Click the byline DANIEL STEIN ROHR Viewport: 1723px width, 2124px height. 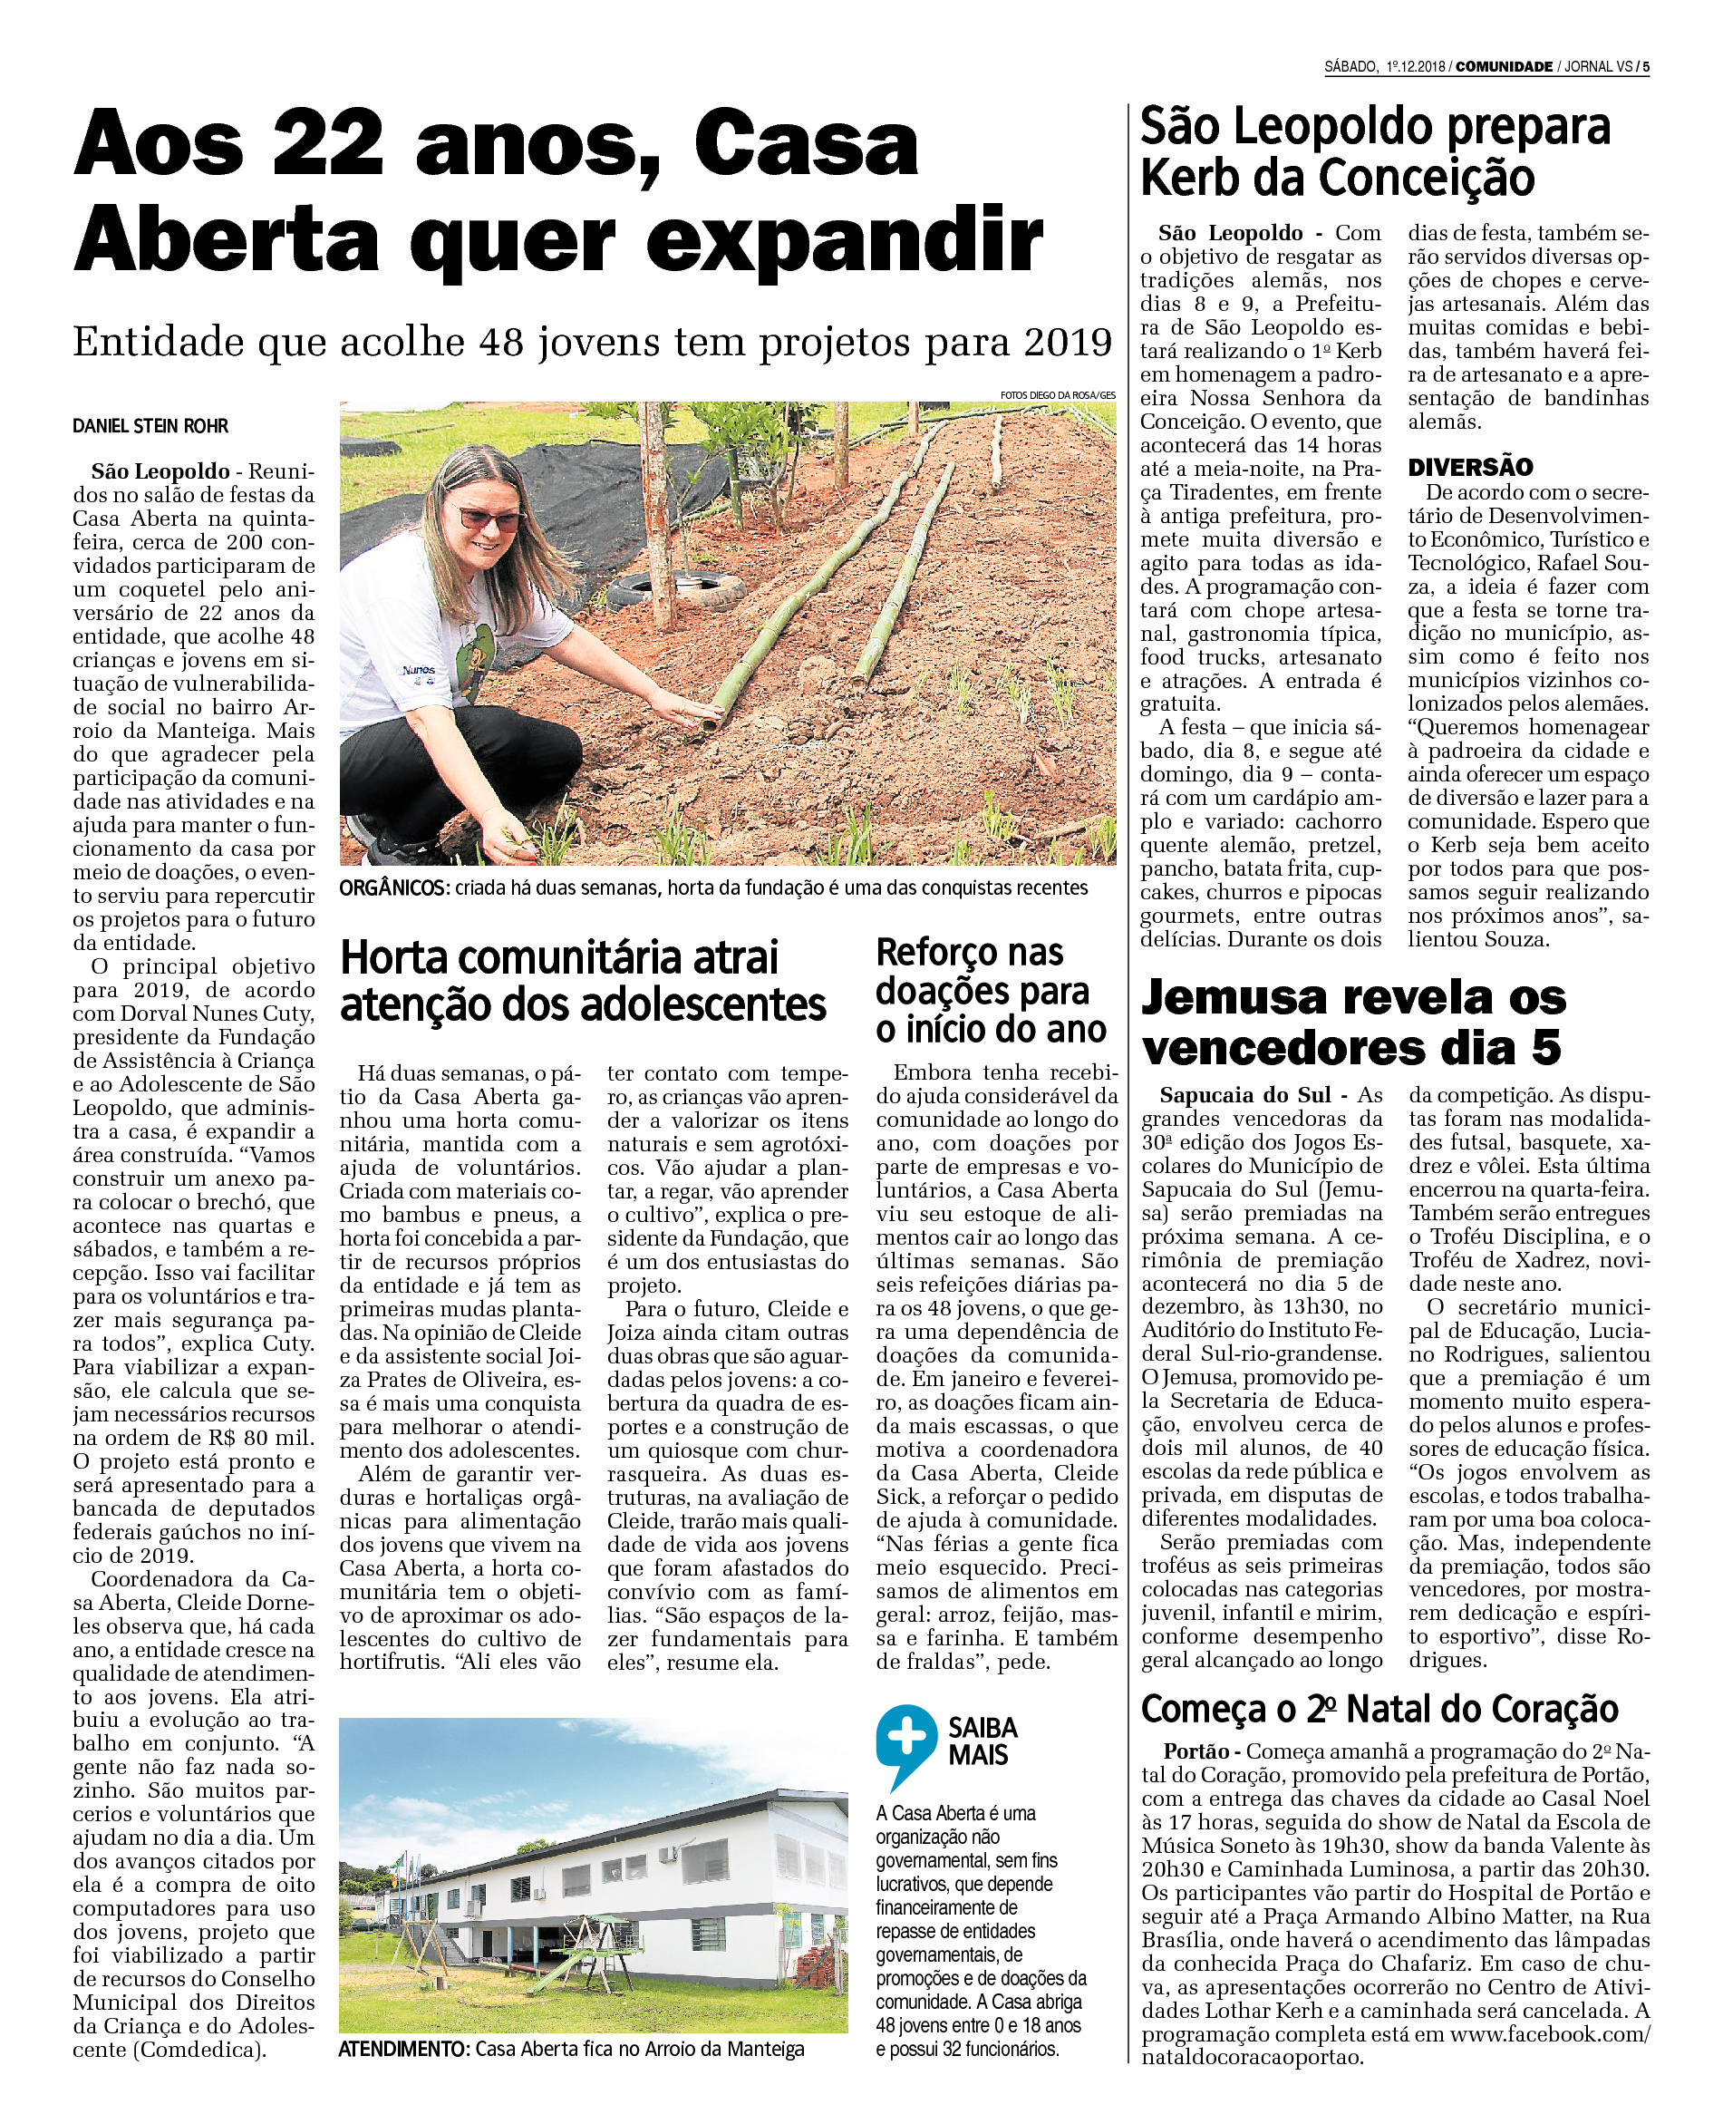tap(150, 426)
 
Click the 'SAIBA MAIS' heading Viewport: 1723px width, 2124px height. tap(982, 1741)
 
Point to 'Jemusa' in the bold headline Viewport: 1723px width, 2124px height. tap(1234, 997)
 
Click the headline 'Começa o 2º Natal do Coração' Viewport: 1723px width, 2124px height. tap(1379, 1709)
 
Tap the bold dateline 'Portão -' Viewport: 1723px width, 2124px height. tap(1202, 1751)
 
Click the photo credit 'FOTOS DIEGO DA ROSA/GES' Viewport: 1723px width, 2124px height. tap(1057, 395)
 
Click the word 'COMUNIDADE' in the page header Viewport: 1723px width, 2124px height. tap(1503, 66)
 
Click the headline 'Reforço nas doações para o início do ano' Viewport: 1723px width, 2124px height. tap(990, 991)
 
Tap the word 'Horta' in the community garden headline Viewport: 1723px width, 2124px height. tap(393, 959)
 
